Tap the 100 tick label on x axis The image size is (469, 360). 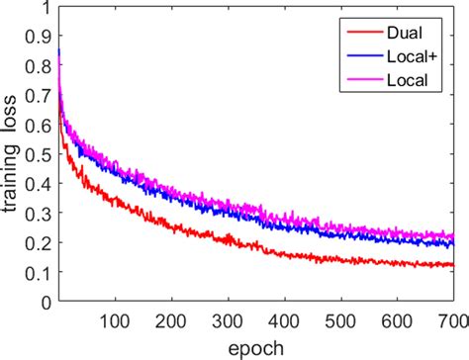(115, 320)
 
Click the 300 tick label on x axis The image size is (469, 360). (228, 320)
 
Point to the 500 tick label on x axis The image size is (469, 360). (341, 320)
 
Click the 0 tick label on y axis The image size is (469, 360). (46, 300)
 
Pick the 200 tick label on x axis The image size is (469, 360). (171, 320)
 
